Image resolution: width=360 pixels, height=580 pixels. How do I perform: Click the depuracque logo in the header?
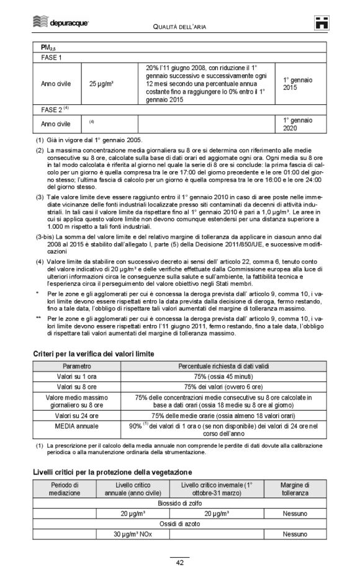pos(60,23)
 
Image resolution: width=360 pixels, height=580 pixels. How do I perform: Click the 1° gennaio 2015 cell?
pos(298,84)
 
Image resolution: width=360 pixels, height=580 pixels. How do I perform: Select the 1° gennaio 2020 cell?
pos(298,124)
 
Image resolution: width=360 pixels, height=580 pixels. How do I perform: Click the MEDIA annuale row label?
pos(77,426)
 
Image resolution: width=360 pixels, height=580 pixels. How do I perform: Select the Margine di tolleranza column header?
pos(294,489)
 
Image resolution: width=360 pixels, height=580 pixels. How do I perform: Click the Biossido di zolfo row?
pos(180,503)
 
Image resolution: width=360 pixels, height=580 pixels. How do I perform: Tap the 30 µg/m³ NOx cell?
pos(132,534)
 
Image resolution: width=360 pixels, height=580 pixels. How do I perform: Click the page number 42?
pos(179,563)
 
